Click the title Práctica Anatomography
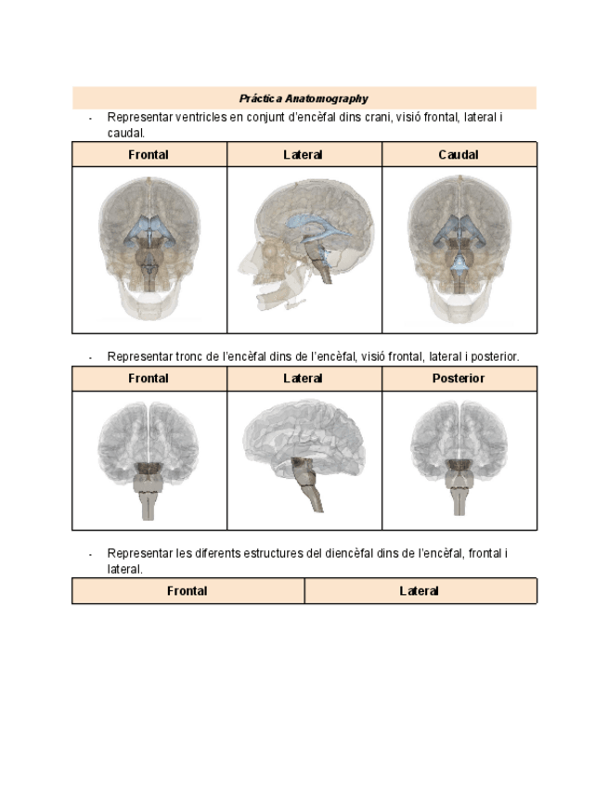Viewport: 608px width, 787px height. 304,98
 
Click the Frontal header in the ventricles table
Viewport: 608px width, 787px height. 149,155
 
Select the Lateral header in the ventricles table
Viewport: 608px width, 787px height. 304,155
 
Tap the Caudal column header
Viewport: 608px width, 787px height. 459,155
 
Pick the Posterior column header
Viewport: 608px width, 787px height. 459,379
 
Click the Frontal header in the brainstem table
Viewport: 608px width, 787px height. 149,379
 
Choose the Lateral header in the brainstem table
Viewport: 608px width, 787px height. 304,379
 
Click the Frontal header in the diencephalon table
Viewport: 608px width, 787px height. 188,591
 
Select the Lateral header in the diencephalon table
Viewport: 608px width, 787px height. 420,591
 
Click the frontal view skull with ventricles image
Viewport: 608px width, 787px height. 149,248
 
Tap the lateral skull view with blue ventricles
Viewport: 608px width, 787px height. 304,243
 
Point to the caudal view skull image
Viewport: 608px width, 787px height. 459,248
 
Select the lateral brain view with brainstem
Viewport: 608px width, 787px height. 304,457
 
